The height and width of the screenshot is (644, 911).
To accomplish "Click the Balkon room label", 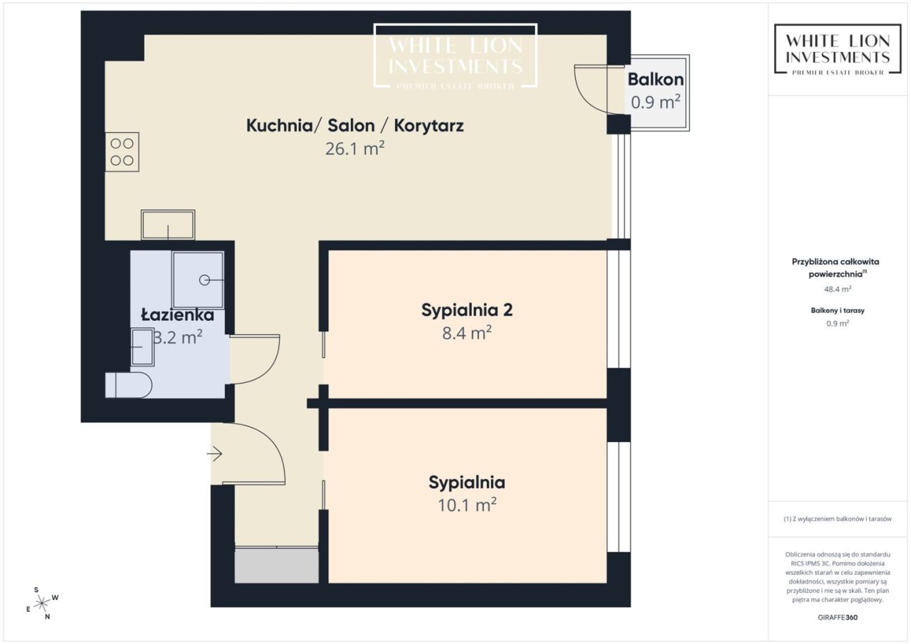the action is [655, 79].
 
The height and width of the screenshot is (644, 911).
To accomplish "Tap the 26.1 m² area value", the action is [354, 149].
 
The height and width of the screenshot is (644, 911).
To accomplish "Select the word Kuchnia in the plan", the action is [279, 126].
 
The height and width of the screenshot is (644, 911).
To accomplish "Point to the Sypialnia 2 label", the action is [467, 310].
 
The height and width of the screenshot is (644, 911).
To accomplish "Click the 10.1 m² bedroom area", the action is [467, 505].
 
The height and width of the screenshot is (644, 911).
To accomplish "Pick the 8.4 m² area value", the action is [467, 333].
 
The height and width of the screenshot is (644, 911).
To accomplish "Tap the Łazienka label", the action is [178, 315].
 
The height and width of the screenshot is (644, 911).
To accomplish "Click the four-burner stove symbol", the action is [122, 152].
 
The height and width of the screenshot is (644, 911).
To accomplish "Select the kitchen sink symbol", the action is [168, 225].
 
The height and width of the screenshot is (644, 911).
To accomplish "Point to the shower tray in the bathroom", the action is [198, 280].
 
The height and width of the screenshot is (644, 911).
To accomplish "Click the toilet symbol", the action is [129, 384].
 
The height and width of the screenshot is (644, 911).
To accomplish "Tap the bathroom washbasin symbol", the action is [142, 347].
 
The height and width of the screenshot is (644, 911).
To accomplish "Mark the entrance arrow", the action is [214, 453].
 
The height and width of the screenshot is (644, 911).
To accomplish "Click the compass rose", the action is [42, 603].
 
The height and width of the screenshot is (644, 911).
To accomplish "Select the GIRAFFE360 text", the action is [838, 617].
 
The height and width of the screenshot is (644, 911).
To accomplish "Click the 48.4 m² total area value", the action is [838, 289].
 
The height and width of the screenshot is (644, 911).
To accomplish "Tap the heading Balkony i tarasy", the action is [838, 310].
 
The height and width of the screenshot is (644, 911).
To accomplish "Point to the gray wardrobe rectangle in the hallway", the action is [277, 565].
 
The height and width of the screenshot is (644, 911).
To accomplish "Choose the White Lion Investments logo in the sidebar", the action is [838, 50].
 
